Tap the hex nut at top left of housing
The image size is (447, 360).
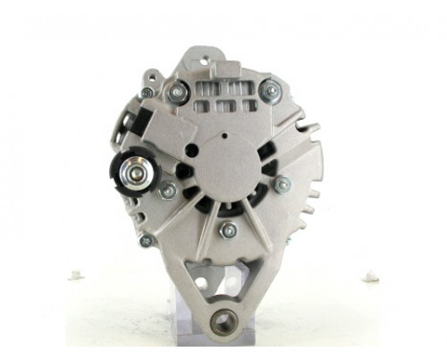177,93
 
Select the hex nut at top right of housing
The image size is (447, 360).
271,92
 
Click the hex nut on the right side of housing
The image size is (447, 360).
283,184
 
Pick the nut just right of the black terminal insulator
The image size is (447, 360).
168,190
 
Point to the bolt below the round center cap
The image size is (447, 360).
228,231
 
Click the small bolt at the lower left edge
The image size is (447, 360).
146,240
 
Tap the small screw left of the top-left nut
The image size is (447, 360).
146,92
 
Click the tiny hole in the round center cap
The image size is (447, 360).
224,138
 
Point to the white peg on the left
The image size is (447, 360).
77,276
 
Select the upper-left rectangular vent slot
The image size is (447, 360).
202,87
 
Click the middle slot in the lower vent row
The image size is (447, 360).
224,105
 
